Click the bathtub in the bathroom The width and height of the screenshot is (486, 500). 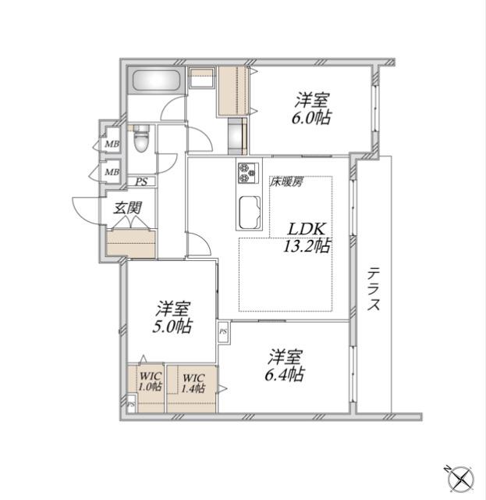pyautogui.click(x=156, y=80)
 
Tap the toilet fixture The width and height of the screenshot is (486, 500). pyautogui.click(x=141, y=139)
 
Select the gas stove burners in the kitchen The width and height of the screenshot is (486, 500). pyautogui.click(x=248, y=173)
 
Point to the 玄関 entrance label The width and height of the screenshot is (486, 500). pyautogui.click(x=128, y=209)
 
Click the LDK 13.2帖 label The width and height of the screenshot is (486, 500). pyautogui.click(x=307, y=237)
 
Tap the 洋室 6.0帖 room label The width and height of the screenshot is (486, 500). pyautogui.click(x=311, y=109)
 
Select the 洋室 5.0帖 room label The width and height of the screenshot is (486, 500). pyautogui.click(x=172, y=316)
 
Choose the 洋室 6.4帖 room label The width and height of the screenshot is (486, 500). pyautogui.click(x=285, y=365)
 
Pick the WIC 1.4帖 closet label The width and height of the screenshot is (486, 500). pyautogui.click(x=193, y=384)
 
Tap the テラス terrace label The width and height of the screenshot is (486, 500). pyautogui.click(x=374, y=289)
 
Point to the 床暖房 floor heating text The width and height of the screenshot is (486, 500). pyautogui.click(x=286, y=182)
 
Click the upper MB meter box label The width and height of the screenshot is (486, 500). pyautogui.click(x=112, y=144)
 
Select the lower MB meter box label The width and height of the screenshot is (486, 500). pyautogui.click(x=112, y=172)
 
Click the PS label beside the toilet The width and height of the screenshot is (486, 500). pyautogui.click(x=141, y=182)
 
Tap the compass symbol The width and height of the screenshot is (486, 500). pyautogui.click(x=460, y=479)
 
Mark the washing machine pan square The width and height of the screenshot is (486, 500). pyautogui.click(x=201, y=77)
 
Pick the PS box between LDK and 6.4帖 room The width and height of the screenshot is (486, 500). pyautogui.click(x=223, y=331)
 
